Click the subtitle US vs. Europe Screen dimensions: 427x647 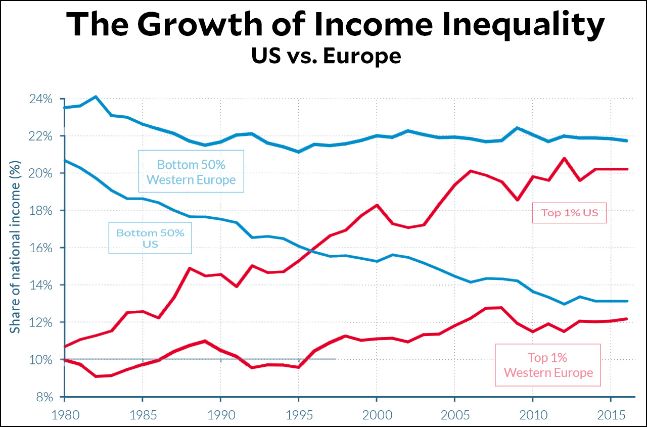(x=326, y=56)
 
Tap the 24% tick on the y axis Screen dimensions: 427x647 (x=40, y=99)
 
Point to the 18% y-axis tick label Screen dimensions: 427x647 (x=40, y=211)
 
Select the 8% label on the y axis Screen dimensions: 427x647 (x=43, y=397)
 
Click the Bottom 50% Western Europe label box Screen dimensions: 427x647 (x=191, y=171)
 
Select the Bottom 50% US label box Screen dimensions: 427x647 (x=150, y=238)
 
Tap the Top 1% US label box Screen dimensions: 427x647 (x=569, y=213)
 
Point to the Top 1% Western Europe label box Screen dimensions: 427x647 (x=547, y=365)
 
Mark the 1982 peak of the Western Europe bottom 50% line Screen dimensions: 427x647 (x=96, y=97)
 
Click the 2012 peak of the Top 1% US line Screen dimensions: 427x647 (x=564, y=158)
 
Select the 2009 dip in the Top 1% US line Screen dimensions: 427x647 (x=517, y=200)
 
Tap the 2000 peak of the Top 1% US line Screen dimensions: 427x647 (x=377, y=205)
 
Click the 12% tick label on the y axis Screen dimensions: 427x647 (x=40, y=322)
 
